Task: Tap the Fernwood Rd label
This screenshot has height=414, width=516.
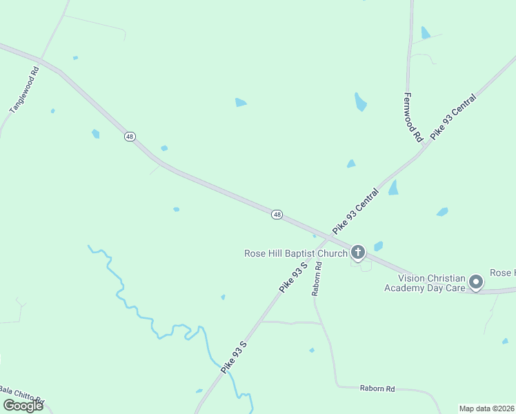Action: click(413, 117)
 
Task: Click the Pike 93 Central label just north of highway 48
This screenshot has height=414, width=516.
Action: click(356, 211)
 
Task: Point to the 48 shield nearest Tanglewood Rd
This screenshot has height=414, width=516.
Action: click(130, 137)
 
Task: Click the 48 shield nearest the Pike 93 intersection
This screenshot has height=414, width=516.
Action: click(277, 215)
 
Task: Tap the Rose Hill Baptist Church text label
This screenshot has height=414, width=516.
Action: click(295, 253)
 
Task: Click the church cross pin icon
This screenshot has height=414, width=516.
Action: click(357, 252)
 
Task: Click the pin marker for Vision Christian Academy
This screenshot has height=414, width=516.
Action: click(475, 282)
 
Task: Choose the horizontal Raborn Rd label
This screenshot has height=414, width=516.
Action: click(378, 388)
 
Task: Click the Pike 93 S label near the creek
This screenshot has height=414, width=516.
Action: click(234, 357)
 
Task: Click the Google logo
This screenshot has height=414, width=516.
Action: click(23, 406)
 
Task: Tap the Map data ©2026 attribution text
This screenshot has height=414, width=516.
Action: click(487, 408)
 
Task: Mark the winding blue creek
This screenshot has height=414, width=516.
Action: click(148, 315)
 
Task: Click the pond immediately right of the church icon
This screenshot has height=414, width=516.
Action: click(378, 246)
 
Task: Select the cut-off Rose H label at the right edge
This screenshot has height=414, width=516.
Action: click(502, 273)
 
